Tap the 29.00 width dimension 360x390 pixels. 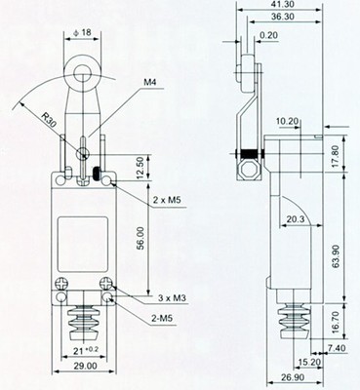(x=86, y=366)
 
